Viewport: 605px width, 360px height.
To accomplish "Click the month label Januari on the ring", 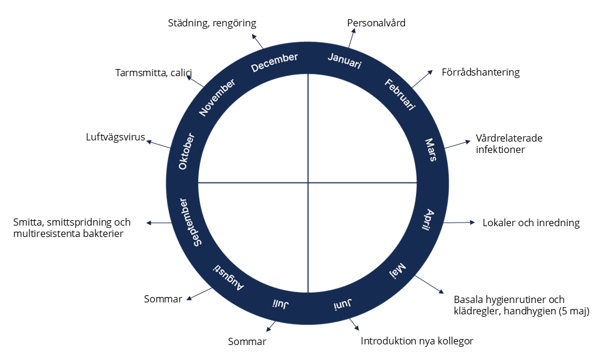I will pos(345,61).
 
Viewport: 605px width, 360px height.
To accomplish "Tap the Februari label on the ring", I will pos(400,94).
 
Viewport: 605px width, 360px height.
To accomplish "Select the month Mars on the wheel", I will pos(430,150).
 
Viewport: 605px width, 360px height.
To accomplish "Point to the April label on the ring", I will pos(430,221).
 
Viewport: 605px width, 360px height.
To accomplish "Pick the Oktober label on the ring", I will pos(187,151).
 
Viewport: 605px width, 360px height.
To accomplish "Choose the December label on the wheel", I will pos(274,62).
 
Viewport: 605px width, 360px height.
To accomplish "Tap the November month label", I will pos(217,97).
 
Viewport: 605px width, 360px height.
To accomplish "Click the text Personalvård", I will pos(376,23).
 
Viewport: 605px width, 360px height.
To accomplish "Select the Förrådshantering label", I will pos(480,73).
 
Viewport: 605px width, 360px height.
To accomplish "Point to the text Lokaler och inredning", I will pos(531,223).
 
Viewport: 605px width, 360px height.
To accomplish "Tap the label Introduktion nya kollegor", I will pos(417,341).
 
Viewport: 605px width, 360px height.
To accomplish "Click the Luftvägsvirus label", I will pos(116,137).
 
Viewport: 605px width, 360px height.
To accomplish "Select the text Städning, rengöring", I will pos(211,23).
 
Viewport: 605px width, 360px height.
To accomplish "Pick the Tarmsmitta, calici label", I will pos(153,73).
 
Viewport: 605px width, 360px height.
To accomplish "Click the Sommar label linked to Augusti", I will pos(163,299).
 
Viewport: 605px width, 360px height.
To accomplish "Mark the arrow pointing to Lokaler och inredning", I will pos(459,223).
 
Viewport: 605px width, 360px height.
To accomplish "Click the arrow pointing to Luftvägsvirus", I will pos(158,145).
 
